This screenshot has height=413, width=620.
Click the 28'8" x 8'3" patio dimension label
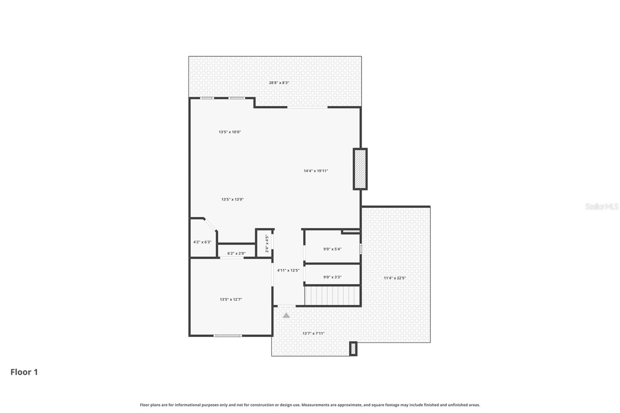point(279,83)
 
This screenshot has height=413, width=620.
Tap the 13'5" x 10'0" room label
point(230,132)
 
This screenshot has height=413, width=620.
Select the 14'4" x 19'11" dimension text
point(316,171)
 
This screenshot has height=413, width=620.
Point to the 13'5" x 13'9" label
point(232,200)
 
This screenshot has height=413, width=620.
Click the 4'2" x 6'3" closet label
point(202,242)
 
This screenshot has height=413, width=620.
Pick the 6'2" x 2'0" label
point(236,253)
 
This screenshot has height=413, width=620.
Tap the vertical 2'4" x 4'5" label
point(267,244)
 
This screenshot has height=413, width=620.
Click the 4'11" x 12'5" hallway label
point(288,270)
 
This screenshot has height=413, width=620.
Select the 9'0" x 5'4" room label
point(332,249)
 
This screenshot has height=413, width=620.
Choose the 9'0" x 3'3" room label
point(332,277)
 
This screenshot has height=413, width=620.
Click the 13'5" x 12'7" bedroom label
point(231,299)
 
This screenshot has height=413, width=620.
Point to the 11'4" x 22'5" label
point(395,278)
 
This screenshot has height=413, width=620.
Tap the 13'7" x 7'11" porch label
point(313,333)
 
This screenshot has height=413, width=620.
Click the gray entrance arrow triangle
point(286,315)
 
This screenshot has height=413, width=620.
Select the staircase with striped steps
point(332,296)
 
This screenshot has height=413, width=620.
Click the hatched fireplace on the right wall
point(360,169)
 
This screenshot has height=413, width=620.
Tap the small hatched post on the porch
point(353,349)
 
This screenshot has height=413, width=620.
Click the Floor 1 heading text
point(24,372)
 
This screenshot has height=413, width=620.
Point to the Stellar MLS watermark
point(601,206)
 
